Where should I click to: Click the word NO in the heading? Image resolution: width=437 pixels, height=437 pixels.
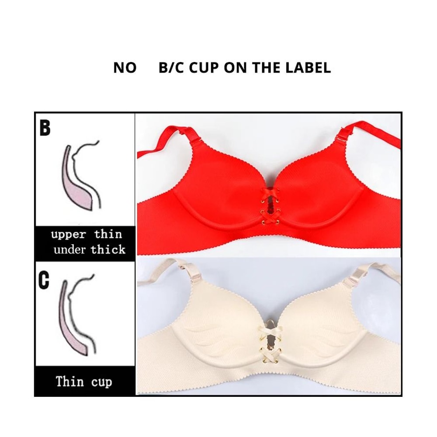[125, 68]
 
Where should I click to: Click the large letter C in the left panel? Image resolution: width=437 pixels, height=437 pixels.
[44, 281]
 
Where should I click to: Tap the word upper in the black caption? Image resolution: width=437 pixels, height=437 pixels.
[68, 234]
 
